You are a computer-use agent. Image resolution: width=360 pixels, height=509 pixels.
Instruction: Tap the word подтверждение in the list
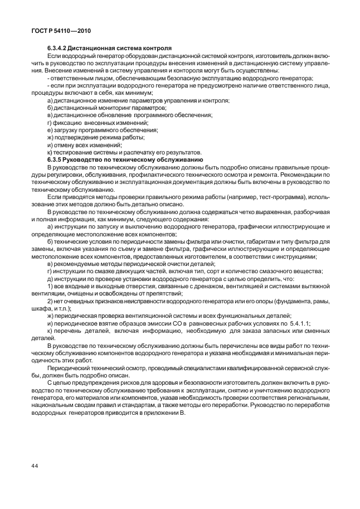75,137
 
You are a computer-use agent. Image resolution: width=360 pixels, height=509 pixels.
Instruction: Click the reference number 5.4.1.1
299,323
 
